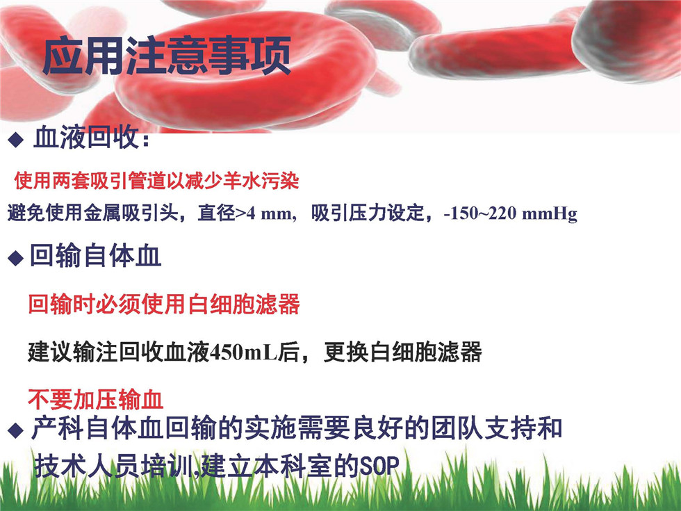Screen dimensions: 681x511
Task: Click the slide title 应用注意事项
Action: pos(166,56)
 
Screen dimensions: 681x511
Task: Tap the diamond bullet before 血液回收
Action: pos(15,140)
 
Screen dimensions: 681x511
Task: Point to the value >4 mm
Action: pos(263,213)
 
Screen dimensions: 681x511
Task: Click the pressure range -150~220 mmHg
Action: pos(510,214)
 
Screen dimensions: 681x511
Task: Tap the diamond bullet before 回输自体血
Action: pos(15,258)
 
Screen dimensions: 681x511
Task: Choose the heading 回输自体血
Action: pos(96,256)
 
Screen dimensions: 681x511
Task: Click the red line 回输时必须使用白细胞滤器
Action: pos(164,304)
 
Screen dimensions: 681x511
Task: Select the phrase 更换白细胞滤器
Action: pos(402,352)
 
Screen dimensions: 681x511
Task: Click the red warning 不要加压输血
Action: pos(96,399)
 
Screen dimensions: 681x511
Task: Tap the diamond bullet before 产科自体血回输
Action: pos(15,430)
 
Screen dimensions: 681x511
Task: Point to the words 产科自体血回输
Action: pos(123,428)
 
